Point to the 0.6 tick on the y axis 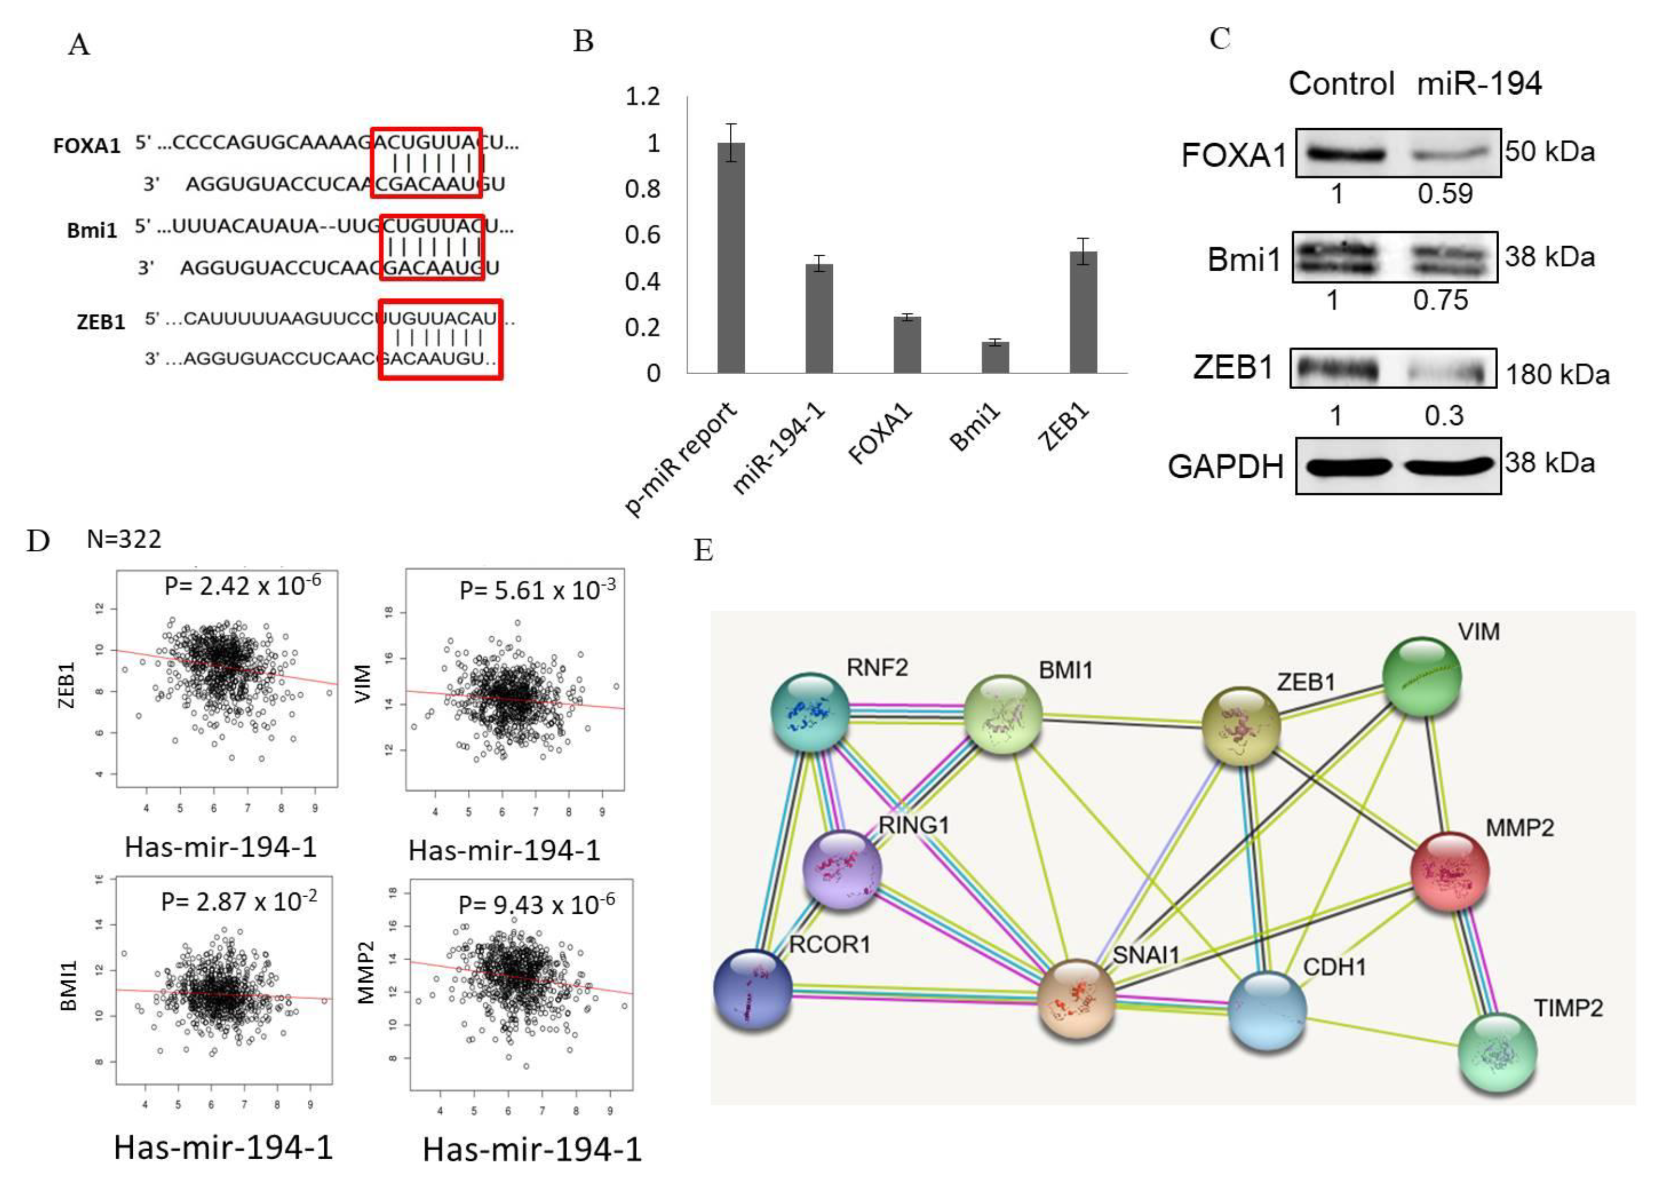tap(642, 235)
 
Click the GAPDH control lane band tap(1345, 465)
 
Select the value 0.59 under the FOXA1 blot tap(1445, 194)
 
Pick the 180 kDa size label tap(1558, 375)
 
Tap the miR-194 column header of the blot tap(1479, 84)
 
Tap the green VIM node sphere tap(1422, 675)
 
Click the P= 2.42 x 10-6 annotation tap(242, 586)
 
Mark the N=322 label tap(124, 539)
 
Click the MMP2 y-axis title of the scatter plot tap(366, 972)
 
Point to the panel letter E tap(703, 550)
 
